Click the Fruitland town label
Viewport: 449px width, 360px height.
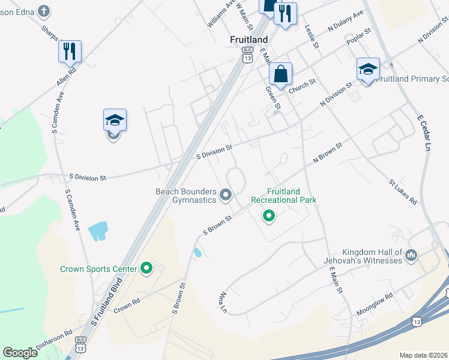click(x=249, y=39)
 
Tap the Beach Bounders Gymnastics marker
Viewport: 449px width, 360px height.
click(x=226, y=194)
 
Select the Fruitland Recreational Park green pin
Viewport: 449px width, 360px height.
click(x=270, y=215)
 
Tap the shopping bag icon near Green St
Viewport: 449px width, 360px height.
click(x=280, y=75)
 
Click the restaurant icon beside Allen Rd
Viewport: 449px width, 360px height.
click(x=70, y=52)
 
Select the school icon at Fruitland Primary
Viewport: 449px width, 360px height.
click(x=367, y=70)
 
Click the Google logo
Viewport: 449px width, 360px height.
click(x=20, y=353)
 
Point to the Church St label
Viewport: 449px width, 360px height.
click(x=302, y=87)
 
